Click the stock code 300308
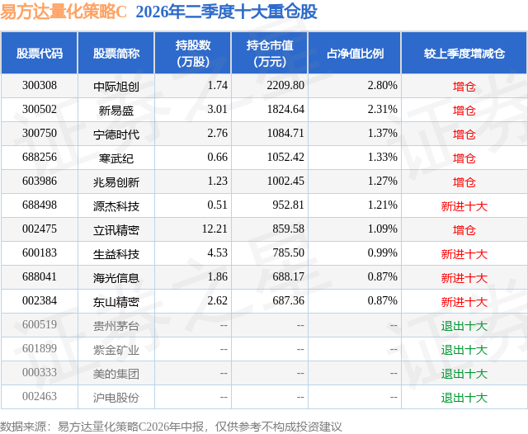[40, 86]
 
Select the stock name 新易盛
[116, 110]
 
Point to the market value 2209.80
[285, 86]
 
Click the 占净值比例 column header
[355, 53]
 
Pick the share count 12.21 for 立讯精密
[214, 229]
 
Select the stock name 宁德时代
[116, 134]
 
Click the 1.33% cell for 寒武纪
[382, 158]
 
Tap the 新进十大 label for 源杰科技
[464, 205]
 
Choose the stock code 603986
[40, 182]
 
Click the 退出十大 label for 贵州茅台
[464, 325]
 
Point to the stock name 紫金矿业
[116, 350]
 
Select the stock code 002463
[40, 396]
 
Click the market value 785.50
[288, 252]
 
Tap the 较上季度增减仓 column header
[464, 53]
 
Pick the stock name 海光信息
[116, 277]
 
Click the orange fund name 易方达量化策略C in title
[64, 12]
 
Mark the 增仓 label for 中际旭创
[464, 86]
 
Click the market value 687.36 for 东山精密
[288, 300]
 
